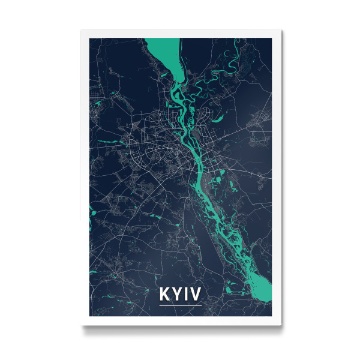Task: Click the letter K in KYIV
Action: click(164, 295)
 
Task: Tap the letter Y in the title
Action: click(176, 295)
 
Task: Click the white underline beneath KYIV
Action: click(180, 305)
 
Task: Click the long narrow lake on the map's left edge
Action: click(92, 218)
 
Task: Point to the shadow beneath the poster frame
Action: click(180, 329)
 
